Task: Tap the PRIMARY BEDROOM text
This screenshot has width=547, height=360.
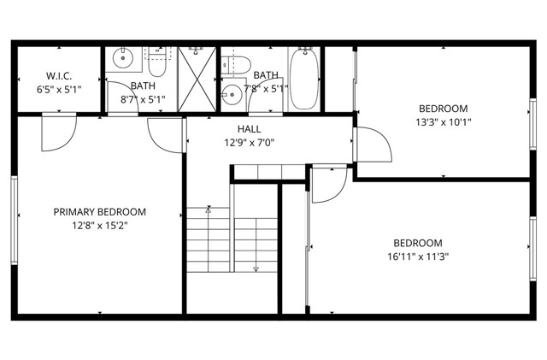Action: tap(100, 212)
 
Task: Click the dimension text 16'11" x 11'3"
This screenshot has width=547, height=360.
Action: tap(417, 256)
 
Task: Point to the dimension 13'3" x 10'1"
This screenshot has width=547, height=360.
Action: tap(443, 122)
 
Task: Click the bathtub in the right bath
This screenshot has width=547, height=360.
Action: tap(303, 79)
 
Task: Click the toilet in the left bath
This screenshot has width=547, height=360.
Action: tap(159, 62)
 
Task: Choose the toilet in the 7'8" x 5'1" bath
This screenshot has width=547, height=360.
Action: tap(238, 63)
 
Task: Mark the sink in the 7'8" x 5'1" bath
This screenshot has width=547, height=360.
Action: tap(231, 94)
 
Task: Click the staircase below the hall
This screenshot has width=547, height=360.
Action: tap(233, 239)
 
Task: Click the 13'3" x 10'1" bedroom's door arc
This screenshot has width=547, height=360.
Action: tap(374, 145)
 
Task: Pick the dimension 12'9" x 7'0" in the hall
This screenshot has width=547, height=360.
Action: tap(250, 142)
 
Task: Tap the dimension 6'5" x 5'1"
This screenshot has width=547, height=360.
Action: tap(59, 88)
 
